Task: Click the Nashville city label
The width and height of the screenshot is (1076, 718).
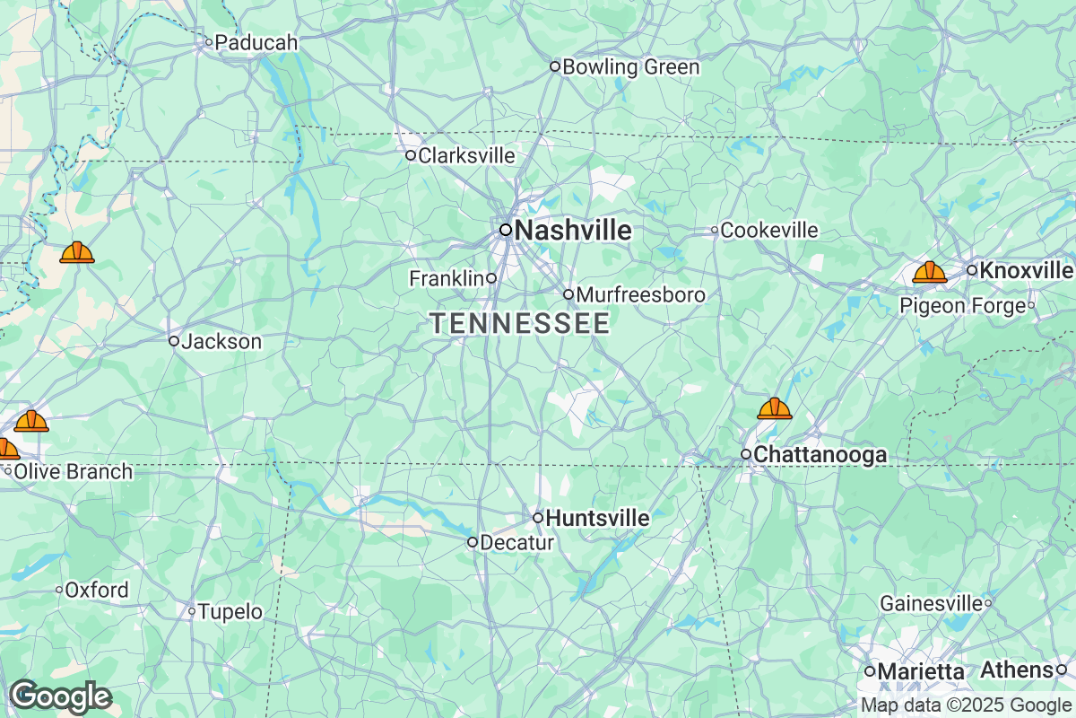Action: (x=572, y=231)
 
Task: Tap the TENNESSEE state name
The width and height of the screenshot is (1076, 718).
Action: (x=520, y=324)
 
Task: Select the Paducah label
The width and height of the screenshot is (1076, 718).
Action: (x=256, y=42)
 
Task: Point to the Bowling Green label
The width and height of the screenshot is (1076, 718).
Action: (x=630, y=67)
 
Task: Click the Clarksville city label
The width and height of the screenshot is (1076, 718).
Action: (x=466, y=156)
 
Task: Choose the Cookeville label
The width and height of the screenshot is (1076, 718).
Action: (x=769, y=231)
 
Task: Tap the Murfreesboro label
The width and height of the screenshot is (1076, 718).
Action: (x=640, y=295)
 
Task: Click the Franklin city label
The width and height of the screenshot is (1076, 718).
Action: (x=447, y=279)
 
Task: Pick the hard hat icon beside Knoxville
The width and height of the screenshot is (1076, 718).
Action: (x=930, y=272)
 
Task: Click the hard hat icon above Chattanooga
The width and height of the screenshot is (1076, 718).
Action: (x=775, y=409)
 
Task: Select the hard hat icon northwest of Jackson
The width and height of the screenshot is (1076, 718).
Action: (x=77, y=252)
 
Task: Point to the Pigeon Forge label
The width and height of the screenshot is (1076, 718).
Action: (x=962, y=306)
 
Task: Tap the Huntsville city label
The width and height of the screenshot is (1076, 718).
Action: (x=597, y=519)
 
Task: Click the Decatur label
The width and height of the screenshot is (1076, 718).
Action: (x=516, y=543)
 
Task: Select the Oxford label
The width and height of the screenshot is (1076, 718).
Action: (x=97, y=591)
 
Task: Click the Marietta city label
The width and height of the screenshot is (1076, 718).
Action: (x=921, y=671)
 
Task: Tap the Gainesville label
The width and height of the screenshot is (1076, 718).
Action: (x=931, y=603)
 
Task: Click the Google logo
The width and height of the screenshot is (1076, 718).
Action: (x=60, y=696)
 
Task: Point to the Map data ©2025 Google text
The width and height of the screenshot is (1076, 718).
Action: (x=966, y=705)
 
